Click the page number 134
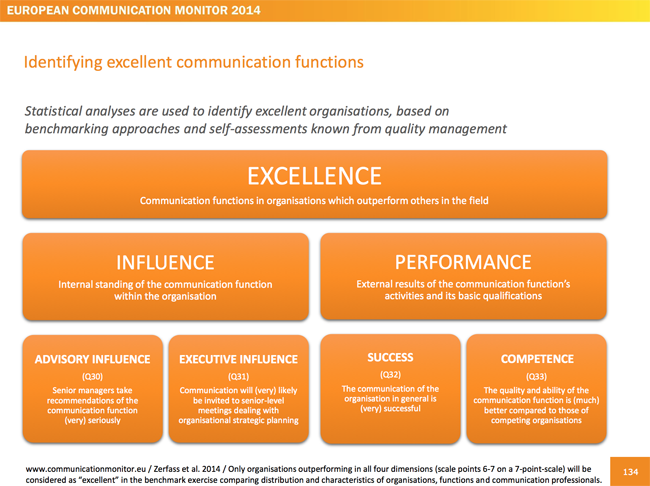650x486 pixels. click(x=630, y=472)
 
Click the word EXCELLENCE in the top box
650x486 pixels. click(x=314, y=176)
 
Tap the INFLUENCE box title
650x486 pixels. click(x=165, y=262)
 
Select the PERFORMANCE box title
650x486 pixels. click(x=463, y=262)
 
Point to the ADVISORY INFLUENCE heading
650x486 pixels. click(x=92, y=359)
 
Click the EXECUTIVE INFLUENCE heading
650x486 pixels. click(x=238, y=359)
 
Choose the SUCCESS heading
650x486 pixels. click(x=390, y=357)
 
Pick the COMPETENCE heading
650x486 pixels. click(x=537, y=359)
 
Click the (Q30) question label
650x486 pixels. click(x=92, y=377)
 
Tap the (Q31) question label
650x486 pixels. click(x=238, y=377)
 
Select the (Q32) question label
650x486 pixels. click(x=390, y=375)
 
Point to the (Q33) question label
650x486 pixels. click(x=536, y=377)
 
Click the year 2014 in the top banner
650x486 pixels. click(x=246, y=10)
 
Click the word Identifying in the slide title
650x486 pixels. click(x=63, y=63)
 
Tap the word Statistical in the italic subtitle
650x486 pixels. click(x=53, y=111)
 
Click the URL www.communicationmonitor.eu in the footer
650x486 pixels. click(x=86, y=469)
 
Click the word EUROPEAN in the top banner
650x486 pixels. click(x=37, y=10)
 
